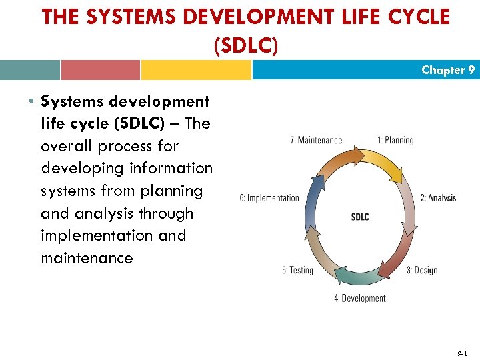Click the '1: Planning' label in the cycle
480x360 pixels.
click(395, 140)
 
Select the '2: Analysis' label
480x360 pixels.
click(438, 198)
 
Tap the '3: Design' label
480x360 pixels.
click(422, 270)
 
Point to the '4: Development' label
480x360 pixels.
click(360, 298)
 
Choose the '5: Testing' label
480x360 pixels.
click(297, 270)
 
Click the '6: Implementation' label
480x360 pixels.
click(269, 198)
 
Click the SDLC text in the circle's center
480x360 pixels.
click(360, 217)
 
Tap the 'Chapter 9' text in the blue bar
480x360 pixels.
click(448, 70)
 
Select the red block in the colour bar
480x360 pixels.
click(100, 70)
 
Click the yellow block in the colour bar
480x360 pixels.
click(196, 70)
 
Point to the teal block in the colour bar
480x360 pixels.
click(30, 70)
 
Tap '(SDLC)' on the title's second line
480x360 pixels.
click(245, 45)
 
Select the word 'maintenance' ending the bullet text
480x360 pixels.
click(87, 258)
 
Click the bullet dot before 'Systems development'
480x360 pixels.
click(31, 102)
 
